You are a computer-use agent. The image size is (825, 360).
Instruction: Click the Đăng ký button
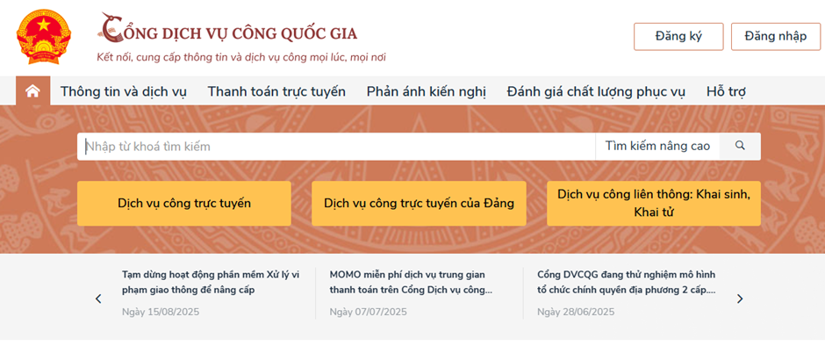tap(678, 36)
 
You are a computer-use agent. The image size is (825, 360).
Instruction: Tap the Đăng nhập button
tap(776, 36)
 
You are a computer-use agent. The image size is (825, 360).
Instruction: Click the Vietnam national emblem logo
tap(43, 37)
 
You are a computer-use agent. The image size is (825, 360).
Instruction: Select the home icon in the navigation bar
tap(32, 91)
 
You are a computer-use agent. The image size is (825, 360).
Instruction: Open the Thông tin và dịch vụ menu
tap(123, 91)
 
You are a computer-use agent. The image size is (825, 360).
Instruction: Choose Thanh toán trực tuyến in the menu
tap(276, 91)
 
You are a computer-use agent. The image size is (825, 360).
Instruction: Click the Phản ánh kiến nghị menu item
tap(427, 91)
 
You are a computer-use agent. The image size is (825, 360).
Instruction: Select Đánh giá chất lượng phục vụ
tap(596, 91)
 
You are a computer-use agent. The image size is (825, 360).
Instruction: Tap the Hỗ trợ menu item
tap(726, 91)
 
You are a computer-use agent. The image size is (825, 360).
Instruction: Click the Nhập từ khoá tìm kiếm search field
tap(336, 147)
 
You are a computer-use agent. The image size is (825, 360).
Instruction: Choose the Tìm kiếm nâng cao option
tap(657, 146)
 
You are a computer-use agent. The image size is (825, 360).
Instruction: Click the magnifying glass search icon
tap(740, 146)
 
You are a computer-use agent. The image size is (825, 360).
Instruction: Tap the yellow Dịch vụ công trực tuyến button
tap(184, 204)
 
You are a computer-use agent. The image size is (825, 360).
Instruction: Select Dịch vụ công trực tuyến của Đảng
tap(419, 204)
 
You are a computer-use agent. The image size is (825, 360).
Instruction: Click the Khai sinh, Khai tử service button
tap(654, 204)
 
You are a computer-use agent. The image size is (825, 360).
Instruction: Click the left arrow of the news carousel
tap(98, 299)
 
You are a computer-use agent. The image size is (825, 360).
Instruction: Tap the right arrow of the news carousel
tap(740, 299)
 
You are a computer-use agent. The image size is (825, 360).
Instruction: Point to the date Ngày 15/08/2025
tap(161, 312)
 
